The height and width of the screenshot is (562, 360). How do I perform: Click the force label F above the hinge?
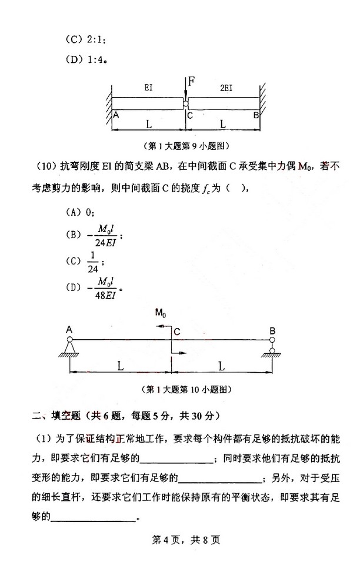tap(192, 80)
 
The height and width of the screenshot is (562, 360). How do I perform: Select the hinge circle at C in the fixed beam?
tap(186, 104)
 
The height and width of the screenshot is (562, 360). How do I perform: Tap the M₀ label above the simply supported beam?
tap(161, 314)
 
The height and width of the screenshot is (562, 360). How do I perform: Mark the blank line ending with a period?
tap(94, 501)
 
